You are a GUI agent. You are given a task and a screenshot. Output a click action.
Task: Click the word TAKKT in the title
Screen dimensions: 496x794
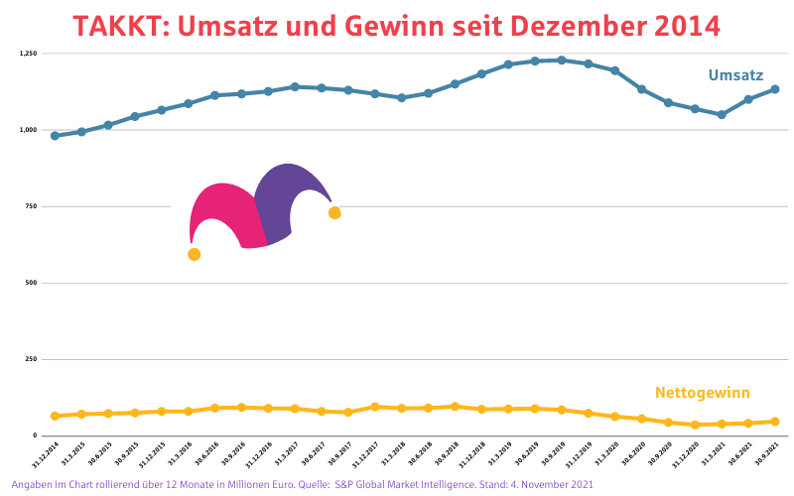pyautogui.click(x=119, y=25)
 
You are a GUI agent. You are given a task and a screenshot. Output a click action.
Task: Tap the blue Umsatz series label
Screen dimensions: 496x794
pyautogui.click(x=735, y=75)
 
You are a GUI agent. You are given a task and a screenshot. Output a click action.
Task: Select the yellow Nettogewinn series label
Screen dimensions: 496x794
pyautogui.click(x=702, y=392)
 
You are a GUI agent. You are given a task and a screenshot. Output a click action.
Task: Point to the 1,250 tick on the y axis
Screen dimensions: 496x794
pyautogui.click(x=27, y=53)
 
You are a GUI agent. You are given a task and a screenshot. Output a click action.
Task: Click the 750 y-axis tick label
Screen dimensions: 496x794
pyautogui.click(x=30, y=206)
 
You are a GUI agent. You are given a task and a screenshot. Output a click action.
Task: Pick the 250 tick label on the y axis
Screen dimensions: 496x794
pyautogui.click(x=30, y=360)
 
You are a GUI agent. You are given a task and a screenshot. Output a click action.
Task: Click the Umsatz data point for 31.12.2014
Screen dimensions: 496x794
pyautogui.click(x=55, y=136)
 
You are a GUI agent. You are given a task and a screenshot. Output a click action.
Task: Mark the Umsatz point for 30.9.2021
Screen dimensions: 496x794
pyautogui.click(x=775, y=89)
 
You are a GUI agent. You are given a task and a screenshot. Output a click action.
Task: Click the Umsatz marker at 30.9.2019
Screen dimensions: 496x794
pyautogui.click(x=562, y=61)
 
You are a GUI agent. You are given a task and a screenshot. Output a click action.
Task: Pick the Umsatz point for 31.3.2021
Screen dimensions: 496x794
pyautogui.click(x=722, y=114)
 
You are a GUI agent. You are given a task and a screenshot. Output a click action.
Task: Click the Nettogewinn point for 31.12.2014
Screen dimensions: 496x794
pyautogui.click(x=55, y=416)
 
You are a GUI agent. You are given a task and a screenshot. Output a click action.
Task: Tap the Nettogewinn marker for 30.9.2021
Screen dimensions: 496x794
pyautogui.click(x=775, y=422)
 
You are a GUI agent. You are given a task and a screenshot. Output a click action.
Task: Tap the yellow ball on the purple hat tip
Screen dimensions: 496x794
pyautogui.click(x=334, y=213)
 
